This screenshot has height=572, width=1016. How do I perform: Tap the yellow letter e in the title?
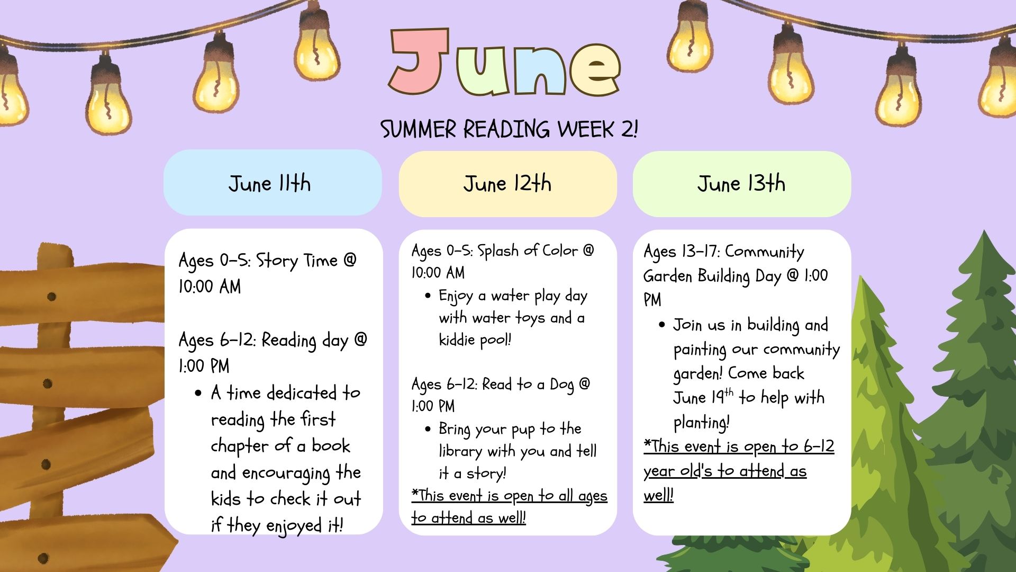[593, 69]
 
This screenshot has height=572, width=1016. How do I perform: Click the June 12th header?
[507, 184]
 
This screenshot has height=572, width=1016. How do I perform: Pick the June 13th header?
[742, 184]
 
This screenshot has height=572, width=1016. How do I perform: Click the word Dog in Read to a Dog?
[562, 385]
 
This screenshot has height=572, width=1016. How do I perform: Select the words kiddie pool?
[475, 339]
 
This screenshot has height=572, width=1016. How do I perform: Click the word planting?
[702, 422]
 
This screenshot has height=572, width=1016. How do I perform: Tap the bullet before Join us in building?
[661, 325]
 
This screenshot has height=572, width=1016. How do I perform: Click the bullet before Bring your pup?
[428, 428]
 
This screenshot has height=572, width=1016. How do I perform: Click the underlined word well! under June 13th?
[658, 495]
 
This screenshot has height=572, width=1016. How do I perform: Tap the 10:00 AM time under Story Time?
[210, 287]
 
